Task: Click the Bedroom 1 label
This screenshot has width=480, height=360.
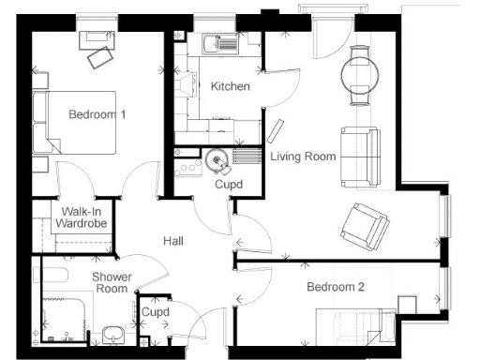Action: coord(97,114)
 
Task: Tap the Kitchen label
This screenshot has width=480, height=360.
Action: coord(230,86)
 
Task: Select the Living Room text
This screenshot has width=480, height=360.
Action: coord(303,157)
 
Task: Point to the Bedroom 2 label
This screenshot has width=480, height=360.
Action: coord(335,288)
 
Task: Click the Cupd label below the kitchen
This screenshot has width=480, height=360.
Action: coord(229,185)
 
